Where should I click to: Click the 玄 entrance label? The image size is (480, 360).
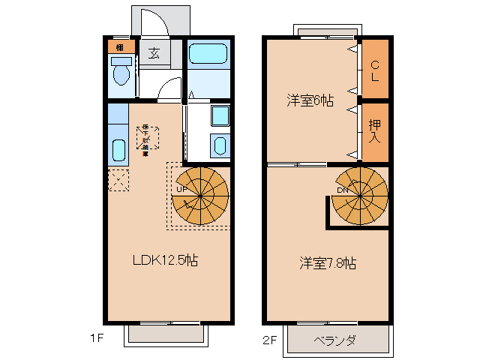[154, 53]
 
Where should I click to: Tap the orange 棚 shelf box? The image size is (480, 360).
[120, 48]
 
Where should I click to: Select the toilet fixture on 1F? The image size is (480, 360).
[121, 74]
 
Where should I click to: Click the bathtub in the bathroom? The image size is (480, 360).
[207, 54]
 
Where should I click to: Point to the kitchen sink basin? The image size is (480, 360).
[118, 150]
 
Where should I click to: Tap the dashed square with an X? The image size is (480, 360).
[118, 180]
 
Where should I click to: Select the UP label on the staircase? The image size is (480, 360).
[181, 189]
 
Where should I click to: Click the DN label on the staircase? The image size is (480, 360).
[342, 189]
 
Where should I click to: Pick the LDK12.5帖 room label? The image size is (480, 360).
[165, 260]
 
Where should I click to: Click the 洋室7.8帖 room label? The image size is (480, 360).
[328, 262]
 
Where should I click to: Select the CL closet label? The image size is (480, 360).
[375, 70]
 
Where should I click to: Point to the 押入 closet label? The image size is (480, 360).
[375, 130]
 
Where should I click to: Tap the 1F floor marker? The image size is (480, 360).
[94, 338]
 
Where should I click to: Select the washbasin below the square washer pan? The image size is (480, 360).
[220, 145]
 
